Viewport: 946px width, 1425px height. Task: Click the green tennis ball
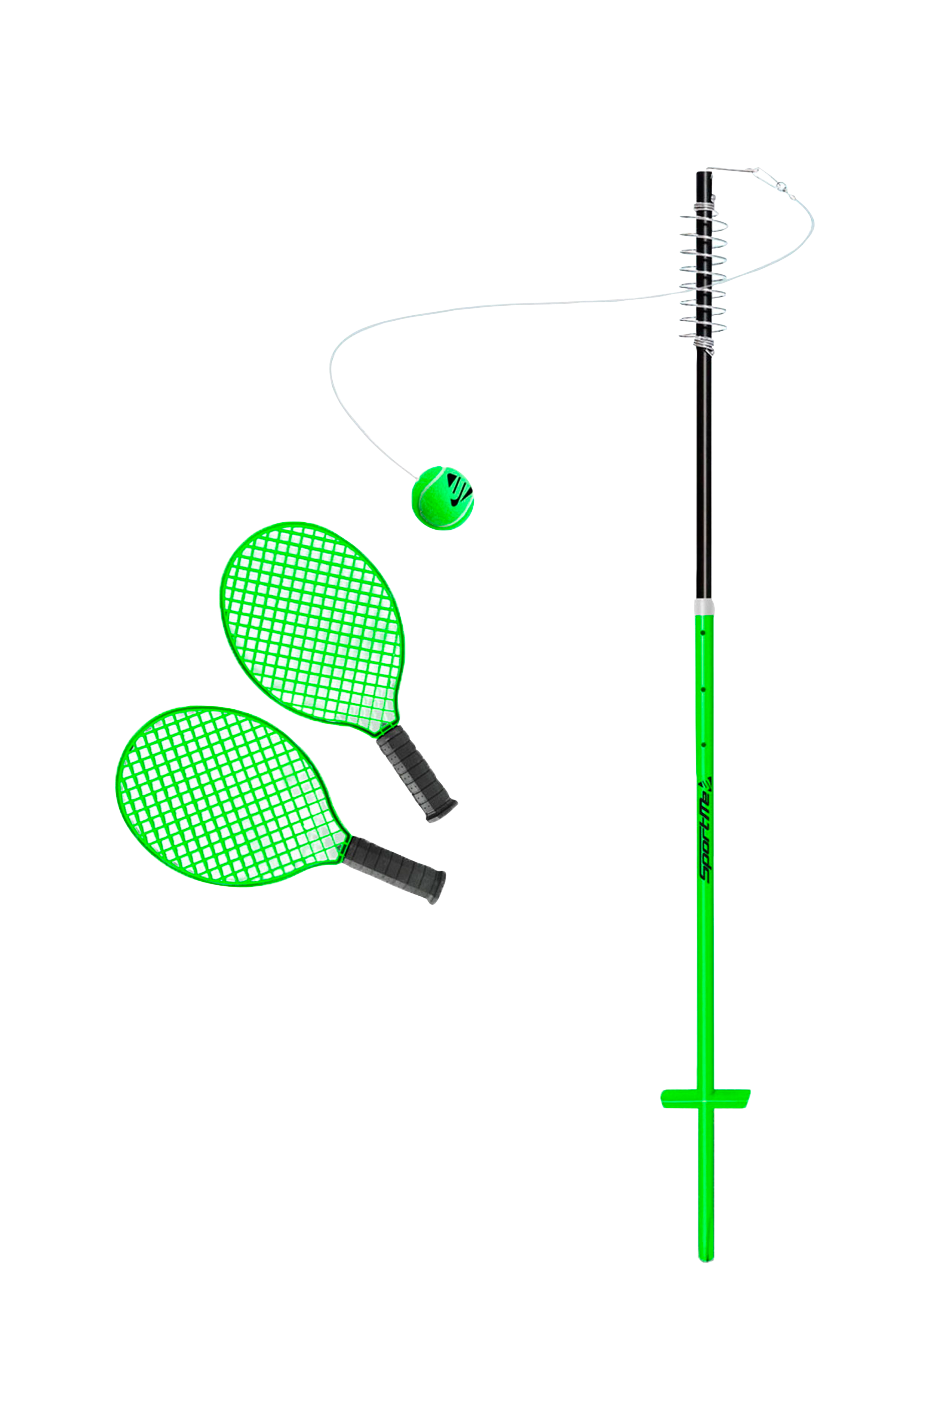tap(442, 497)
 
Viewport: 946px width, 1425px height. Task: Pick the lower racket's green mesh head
tap(223, 796)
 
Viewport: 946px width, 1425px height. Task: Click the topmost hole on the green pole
tap(703, 633)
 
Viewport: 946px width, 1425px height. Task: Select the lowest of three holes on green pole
tap(703, 745)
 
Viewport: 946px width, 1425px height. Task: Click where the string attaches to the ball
tap(421, 475)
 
